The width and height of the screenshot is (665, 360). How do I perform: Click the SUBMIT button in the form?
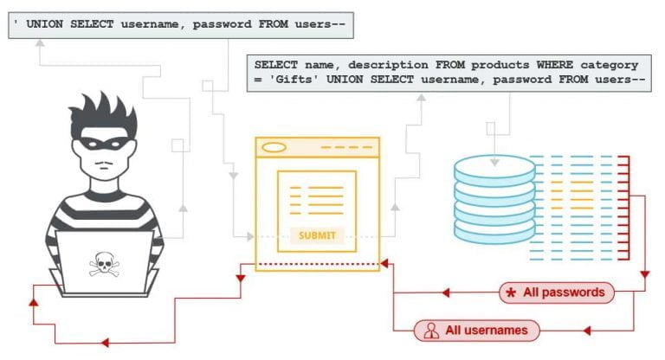pos(316,235)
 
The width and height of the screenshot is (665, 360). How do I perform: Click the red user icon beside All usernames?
pos(429,330)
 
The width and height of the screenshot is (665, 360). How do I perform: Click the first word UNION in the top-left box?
pos(46,25)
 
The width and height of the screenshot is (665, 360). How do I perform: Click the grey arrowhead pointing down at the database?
pos(494,162)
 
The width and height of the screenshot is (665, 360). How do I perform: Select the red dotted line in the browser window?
pos(318,263)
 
